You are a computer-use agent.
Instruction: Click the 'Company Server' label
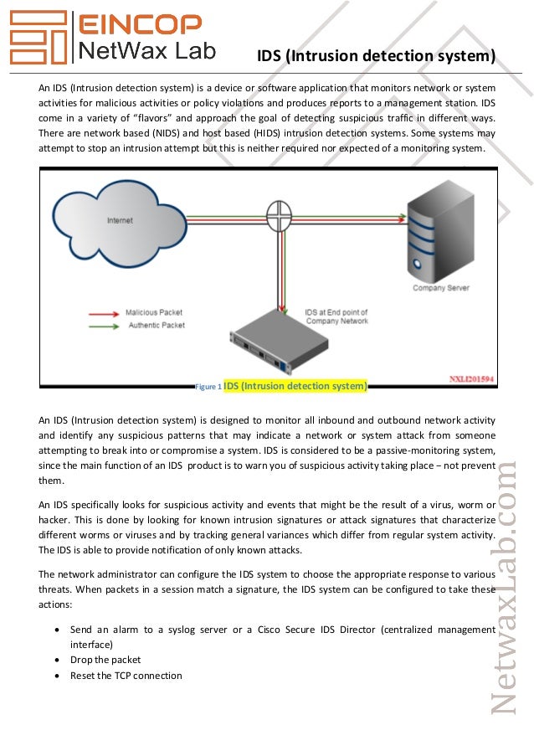click(x=440, y=289)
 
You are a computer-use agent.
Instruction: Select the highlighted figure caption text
click(x=295, y=386)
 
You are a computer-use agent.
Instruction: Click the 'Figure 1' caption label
click(x=208, y=387)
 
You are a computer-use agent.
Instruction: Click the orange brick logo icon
click(x=36, y=39)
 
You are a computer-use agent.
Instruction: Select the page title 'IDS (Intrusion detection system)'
click(x=377, y=56)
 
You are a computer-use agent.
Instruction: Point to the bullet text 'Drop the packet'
click(x=105, y=660)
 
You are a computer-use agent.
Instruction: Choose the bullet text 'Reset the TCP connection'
click(x=126, y=675)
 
